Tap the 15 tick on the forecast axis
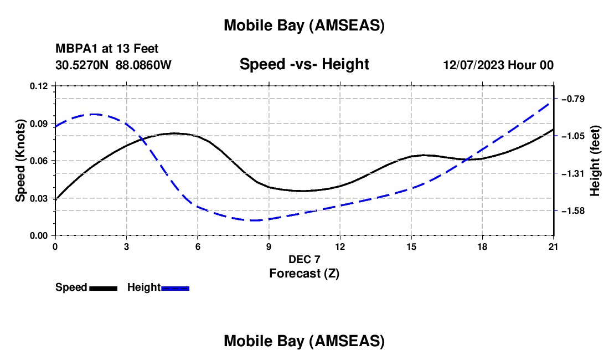[x=411, y=247]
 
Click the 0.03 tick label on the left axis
[x=40, y=198]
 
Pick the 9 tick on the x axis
[x=269, y=247]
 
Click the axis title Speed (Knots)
[x=20, y=161]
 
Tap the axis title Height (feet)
[x=595, y=161]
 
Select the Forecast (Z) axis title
[x=304, y=273]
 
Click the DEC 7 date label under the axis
[x=304, y=259]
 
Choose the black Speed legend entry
[x=86, y=287]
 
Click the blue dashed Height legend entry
[x=158, y=287]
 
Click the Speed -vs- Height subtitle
[x=304, y=64]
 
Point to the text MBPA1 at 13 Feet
[x=107, y=49]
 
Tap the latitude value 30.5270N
[x=82, y=65]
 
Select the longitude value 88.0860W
[x=143, y=65]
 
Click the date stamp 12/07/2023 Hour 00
[x=498, y=65]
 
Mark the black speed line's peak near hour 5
[x=174, y=133]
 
